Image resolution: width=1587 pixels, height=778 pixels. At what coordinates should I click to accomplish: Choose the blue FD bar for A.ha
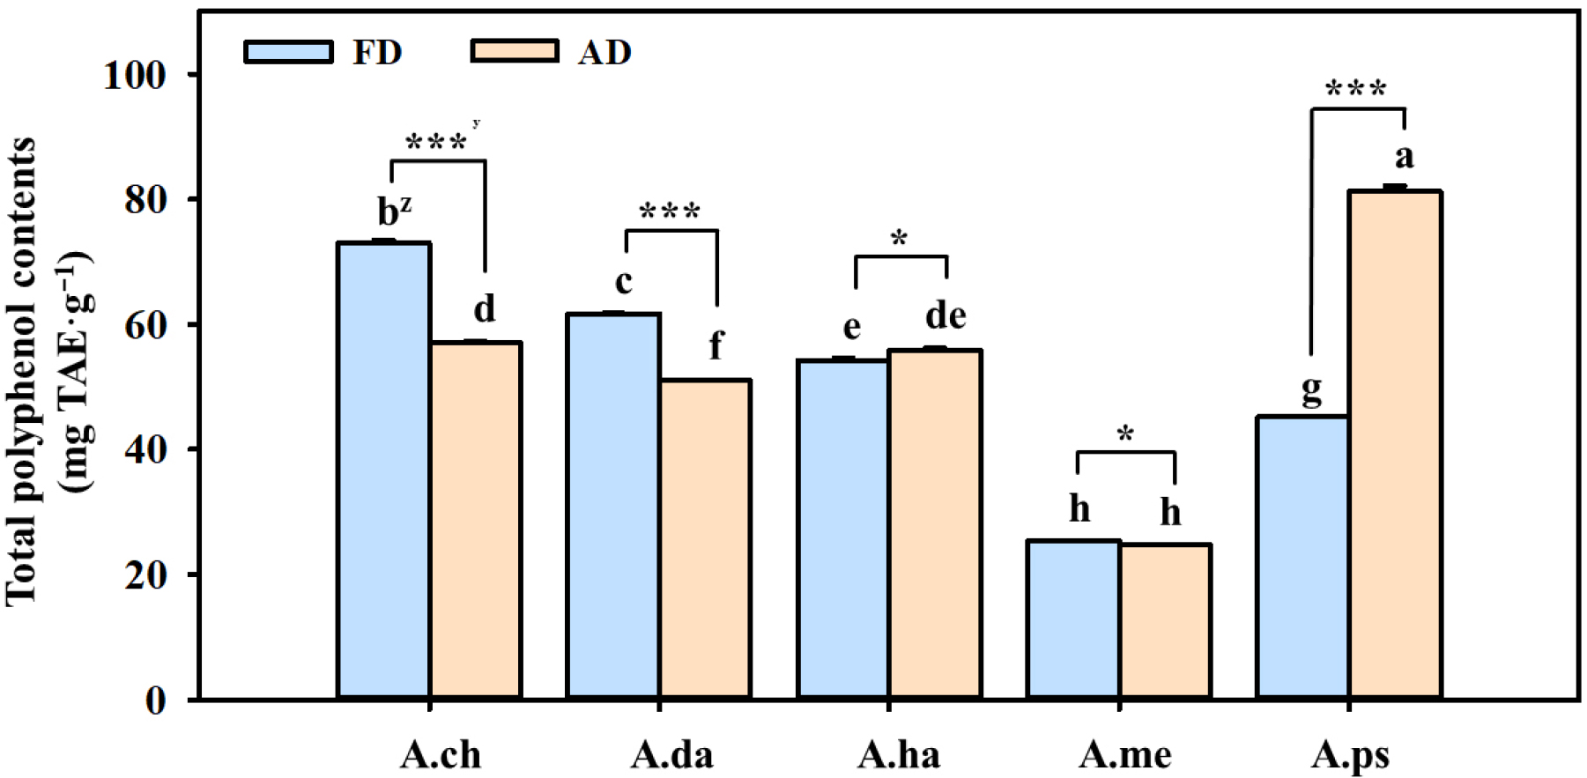point(843,529)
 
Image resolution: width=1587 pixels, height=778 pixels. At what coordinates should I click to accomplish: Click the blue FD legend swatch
point(288,52)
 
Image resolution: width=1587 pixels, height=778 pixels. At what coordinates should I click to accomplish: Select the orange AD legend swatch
point(515,52)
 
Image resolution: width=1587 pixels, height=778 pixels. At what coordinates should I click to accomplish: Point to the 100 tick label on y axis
point(135,76)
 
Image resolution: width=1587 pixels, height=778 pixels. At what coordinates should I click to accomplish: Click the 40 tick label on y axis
point(145,450)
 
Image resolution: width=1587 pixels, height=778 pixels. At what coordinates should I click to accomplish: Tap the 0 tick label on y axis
point(156,701)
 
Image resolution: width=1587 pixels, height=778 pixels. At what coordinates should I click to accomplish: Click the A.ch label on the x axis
point(441,755)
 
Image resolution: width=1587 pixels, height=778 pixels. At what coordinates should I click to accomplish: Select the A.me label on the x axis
point(1125,755)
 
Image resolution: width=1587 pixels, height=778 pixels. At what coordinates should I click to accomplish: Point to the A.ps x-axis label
point(1350,755)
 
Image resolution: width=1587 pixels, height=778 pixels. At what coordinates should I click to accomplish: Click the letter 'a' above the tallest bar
point(1404,157)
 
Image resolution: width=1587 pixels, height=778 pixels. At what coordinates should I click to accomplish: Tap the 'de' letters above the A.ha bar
point(946,315)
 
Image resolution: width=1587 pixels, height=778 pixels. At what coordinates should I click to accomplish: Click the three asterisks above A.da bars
point(670,212)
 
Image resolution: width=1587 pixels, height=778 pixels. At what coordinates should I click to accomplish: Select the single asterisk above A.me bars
point(1125,433)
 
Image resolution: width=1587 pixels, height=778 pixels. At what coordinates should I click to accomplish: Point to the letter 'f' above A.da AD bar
point(716,345)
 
